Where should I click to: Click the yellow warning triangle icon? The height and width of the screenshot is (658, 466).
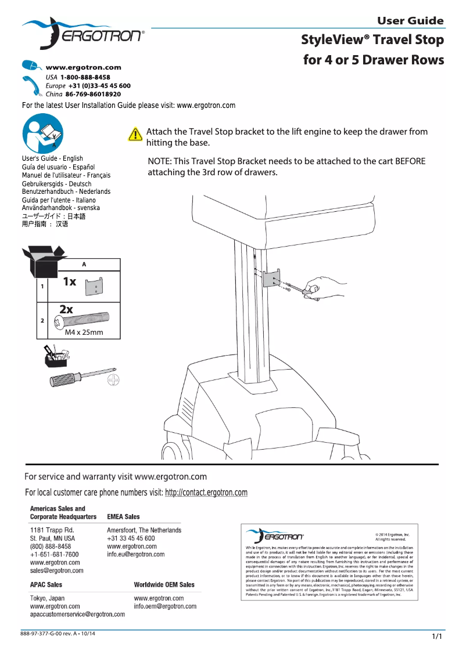tap(135, 135)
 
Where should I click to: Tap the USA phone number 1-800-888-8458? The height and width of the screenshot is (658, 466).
tap(85, 77)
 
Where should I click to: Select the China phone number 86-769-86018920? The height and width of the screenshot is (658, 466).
tap(93, 93)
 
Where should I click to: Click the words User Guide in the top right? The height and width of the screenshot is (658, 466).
tap(410, 21)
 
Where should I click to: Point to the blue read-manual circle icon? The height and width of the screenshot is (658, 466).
tap(41, 135)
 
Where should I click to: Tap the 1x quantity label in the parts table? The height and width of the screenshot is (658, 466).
tap(69, 281)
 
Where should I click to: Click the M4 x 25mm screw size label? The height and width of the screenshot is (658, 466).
tap(84, 332)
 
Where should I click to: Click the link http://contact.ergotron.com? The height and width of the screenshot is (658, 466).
tap(206, 493)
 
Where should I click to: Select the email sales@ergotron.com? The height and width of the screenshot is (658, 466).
tap(56, 570)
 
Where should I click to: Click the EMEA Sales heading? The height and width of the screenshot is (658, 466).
tap(124, 516)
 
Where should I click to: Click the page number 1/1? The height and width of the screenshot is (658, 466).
tap(437, 637)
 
